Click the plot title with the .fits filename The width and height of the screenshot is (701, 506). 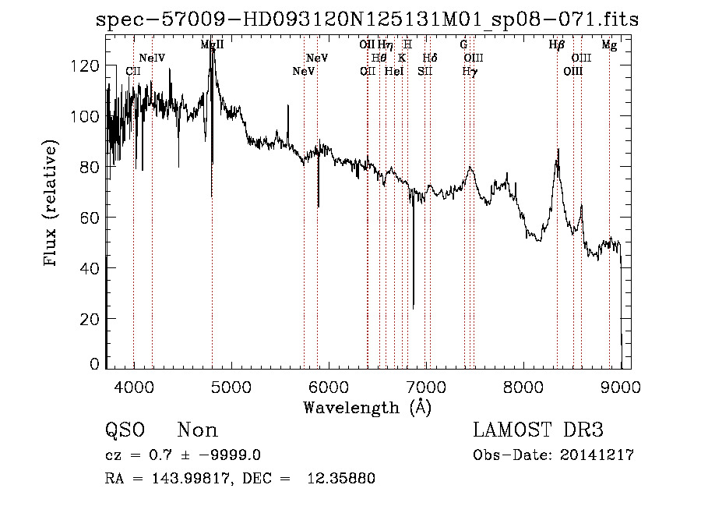(x=367, y=20)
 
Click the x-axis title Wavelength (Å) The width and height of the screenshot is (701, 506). (x=367, y=407)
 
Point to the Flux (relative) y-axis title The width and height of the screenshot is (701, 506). (x=51, y=204)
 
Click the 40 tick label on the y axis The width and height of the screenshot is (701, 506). (x=92, y=268)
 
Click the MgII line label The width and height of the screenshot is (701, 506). (x=212, y=45)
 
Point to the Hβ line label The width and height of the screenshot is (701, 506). (x=556, y=45)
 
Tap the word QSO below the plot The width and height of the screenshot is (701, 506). (x=125, y=430)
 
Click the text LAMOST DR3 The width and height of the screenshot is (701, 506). (x=538, y=430)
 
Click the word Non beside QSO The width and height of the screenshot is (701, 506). (x=198, y=430)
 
